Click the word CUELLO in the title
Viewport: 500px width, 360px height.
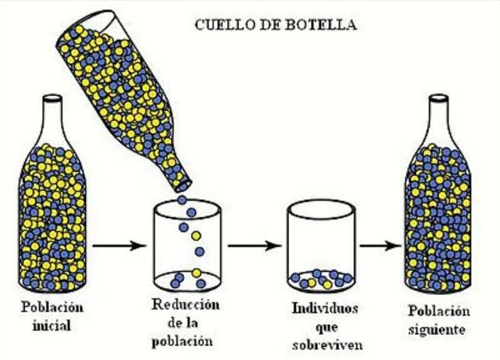coord(220,25)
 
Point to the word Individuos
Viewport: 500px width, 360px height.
coord(323,309)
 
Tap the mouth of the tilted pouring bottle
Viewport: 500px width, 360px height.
coord(181,185)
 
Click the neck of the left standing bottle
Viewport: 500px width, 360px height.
coord(52,117)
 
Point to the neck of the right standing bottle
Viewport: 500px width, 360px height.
coord(438,117)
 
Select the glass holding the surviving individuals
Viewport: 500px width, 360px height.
coord(321,246)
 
